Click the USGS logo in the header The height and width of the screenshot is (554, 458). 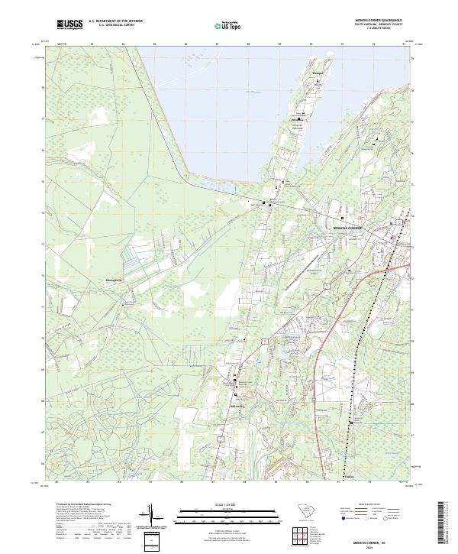coord(69,24)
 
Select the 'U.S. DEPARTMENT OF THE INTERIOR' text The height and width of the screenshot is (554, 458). coord(115,21)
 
